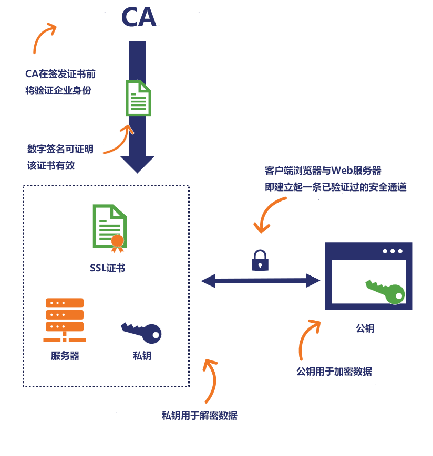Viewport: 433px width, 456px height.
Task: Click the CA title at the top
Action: pyautogui.click(x=139, y=17)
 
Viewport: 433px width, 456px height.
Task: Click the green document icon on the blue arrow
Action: pyautogui.click(x=138, y=98)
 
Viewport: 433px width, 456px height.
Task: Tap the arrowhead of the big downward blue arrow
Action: pyautogui.click(x=138, y=164)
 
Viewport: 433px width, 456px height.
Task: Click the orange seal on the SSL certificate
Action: pyautogui.click(x=117, y=241)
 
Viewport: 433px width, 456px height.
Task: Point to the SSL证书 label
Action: pyautogui.click(x=107, y=268)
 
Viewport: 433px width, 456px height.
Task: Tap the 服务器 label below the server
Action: pyautogui.click(x=65, y=356)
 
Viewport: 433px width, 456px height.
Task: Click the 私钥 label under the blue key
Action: pyautogui.click(x=142, y=356)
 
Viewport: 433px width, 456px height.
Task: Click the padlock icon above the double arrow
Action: pyautogui.click(x=260, y=260)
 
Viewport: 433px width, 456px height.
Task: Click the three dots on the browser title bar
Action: pyautogui.click(x=393, y=251)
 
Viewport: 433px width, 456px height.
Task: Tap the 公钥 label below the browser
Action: pyautogui.click(x=365, y=328)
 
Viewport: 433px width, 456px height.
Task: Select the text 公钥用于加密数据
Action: pyautogui.click(x=334, y=372)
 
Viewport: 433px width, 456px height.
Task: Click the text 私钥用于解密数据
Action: pyautogui.click(x=200, y=416)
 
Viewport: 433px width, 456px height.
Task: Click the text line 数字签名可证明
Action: pyautogui.click(x=60, y=149)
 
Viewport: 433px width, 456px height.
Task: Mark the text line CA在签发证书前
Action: pyautogui.click(x=60, y=73)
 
